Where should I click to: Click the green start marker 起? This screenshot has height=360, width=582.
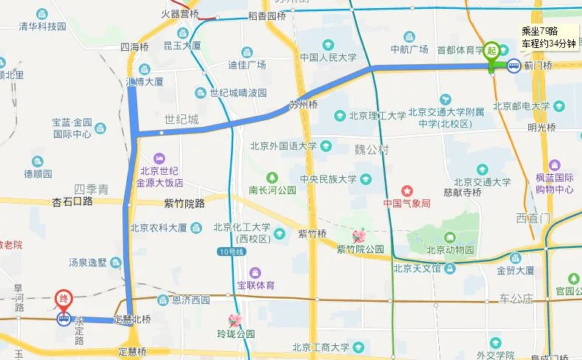492,50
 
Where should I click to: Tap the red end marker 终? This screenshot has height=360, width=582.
64,300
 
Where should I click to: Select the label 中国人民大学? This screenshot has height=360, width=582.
328,57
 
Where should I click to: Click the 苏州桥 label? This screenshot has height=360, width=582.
302,104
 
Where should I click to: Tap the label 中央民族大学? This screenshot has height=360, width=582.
328,179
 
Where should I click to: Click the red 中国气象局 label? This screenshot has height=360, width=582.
406,204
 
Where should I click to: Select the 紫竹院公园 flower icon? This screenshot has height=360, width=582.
359,236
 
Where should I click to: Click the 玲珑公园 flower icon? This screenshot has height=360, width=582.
235,320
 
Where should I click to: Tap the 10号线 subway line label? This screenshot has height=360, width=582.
229,252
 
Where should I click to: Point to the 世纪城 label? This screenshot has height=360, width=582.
181,119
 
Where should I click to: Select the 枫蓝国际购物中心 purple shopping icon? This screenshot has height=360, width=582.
555,165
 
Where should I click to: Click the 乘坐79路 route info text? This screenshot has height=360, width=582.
538,30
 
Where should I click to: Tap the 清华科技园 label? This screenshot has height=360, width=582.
43,27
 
